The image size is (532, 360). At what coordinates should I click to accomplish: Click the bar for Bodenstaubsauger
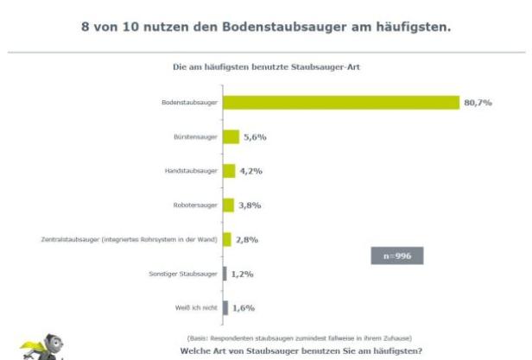point(340,103)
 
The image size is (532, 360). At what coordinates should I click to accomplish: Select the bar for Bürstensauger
point(231,136)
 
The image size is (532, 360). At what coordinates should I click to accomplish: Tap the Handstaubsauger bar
point(229,171)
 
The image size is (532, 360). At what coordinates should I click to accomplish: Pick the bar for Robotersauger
point(228,205)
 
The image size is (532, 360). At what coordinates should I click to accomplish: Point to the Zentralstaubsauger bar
point(227,239)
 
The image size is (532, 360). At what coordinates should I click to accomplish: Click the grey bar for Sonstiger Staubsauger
point(225,274)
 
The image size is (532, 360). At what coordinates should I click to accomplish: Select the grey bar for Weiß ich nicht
point(225,307)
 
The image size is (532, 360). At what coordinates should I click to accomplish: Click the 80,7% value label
point(478,103)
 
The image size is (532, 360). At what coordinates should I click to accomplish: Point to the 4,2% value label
point(250,171)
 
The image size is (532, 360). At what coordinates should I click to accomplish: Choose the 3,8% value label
point(249,205)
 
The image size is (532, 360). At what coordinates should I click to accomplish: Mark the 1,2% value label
point(243,274)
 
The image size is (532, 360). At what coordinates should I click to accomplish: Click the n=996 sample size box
point(397,256)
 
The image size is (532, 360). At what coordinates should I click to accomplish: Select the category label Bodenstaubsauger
point(189,103)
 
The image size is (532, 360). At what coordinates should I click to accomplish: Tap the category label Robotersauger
point(195,205)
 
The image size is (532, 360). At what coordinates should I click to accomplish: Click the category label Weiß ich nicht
point(199,307)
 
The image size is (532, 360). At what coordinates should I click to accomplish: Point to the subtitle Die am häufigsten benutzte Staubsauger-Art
point(266,66)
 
